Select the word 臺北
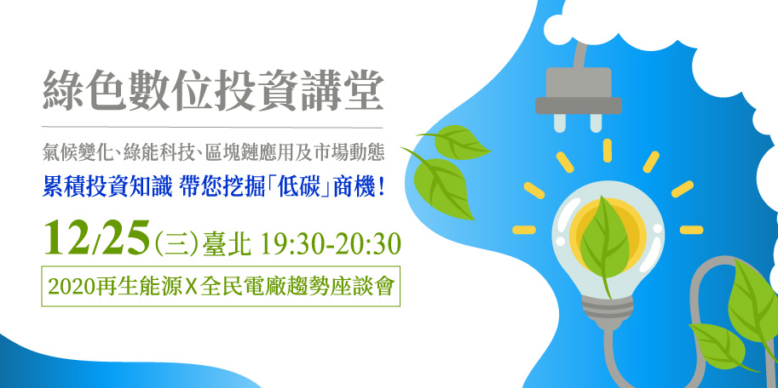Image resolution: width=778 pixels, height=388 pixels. [x=226, y=245]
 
